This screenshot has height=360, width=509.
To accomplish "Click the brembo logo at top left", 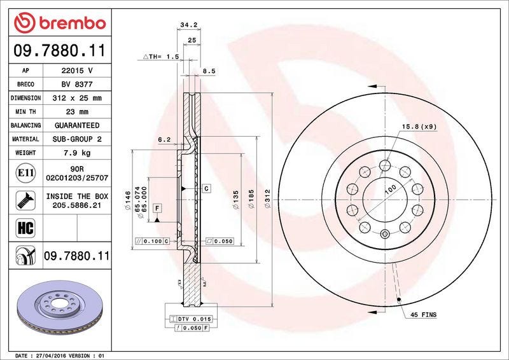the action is (x=60, y=23).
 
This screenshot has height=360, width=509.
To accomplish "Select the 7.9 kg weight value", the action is (x=77, y=153).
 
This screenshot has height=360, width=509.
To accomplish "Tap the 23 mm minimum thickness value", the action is (x=77, y=112).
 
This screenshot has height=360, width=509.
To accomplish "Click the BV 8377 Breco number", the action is (x=77, y=85).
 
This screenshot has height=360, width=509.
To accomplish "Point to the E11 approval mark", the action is (x=25, y=173).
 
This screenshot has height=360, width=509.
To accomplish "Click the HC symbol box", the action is (x=25, y=228).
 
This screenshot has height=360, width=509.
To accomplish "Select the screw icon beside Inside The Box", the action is (x=25, y=200).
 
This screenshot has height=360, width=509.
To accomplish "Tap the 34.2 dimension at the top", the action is (x=188, y=25).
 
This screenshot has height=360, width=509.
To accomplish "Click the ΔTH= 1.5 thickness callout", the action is (x=162, y=57).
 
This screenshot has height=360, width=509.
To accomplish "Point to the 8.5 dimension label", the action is (x=209, y=71).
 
